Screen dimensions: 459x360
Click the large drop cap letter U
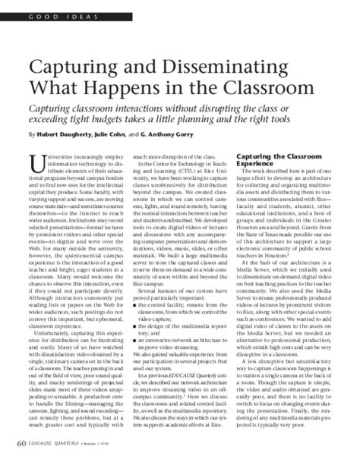[x=34, y=163]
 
